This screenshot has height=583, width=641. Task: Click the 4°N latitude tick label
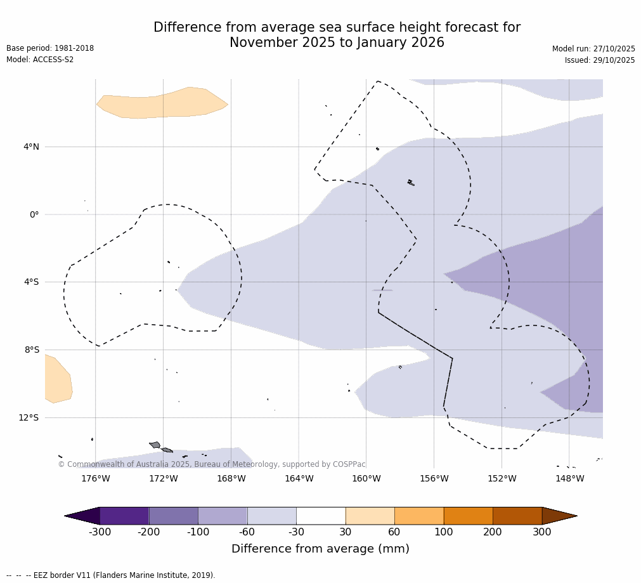click(31, 147)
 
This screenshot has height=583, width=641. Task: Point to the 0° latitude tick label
click(34, 214)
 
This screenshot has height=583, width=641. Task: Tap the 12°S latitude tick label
click(29, 417)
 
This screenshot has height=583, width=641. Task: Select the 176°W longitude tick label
click(95, 479)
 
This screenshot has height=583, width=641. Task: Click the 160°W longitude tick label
click(366, 479)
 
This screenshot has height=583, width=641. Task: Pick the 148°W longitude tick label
click(569, 479)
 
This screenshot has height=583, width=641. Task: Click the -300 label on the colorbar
click(100, 532)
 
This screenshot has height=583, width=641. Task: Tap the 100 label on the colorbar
click(443, 532)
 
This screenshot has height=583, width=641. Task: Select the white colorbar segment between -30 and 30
click(321, 516)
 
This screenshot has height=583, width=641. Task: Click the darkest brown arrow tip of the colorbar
click(561, 516)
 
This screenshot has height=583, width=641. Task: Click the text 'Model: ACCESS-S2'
click(40, 60)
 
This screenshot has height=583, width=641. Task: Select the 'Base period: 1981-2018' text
click(50, 48)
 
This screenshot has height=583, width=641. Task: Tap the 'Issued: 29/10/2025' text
click(600, 60)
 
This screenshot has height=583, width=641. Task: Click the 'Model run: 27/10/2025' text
click(593, 49)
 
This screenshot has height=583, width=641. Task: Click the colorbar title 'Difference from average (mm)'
click(320, 549)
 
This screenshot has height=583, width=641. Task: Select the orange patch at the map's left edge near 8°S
click(58, 380)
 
